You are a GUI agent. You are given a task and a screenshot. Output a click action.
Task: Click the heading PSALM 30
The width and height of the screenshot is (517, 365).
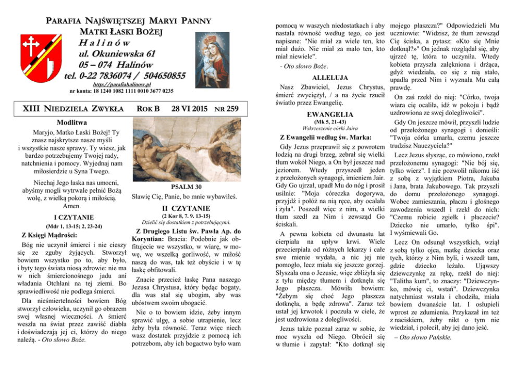coord(186,187)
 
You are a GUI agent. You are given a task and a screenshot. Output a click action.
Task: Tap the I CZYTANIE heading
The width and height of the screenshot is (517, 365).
coord(73,217)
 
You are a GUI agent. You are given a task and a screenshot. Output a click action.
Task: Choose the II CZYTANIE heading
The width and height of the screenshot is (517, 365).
coord(186,208)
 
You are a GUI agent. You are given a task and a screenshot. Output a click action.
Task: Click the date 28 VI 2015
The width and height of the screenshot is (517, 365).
coord(189,109)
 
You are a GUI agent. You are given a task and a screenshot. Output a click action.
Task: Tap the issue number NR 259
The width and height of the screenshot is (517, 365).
coord(227,109)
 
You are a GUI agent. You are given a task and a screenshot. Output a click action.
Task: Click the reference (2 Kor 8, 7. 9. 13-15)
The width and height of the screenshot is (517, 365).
coord(186,215)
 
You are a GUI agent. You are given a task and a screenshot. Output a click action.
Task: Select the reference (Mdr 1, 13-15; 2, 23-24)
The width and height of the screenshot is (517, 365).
coord(73,226)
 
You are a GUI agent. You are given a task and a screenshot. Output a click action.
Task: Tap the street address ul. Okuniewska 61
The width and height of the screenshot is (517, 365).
coord(117,54)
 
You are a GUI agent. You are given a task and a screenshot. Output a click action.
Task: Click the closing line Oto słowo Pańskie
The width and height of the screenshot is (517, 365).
coord(420,337)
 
